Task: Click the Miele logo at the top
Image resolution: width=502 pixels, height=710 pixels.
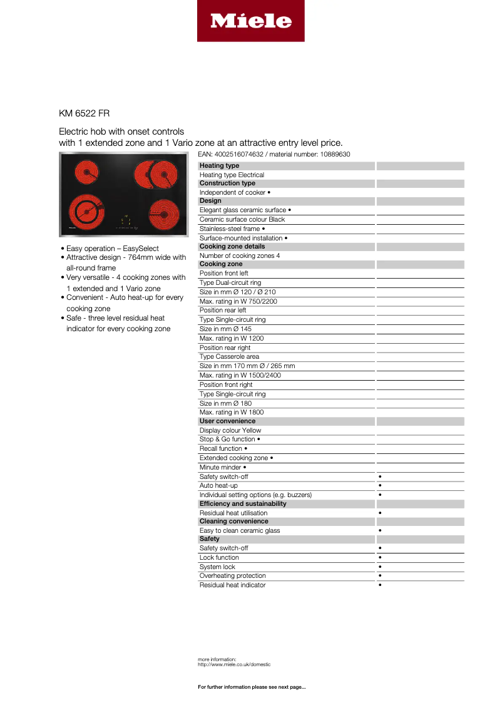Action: point(250,21)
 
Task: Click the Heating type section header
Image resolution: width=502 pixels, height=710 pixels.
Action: point(220,166)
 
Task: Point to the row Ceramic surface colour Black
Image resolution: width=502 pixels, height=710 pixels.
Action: point(242,220)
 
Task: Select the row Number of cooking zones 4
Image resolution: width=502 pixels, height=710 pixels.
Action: point(240,255)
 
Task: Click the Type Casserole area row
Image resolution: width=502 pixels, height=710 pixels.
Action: point(229,357)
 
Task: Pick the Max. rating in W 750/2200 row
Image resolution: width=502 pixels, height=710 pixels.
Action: point(238,301)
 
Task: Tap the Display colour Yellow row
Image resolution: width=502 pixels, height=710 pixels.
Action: point(230,430)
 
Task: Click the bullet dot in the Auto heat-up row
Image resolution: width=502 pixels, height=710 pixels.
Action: point(380,486)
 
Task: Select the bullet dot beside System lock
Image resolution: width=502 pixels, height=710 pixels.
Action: point(380,567)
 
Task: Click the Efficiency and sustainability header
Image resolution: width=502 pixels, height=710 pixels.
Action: point(243,504)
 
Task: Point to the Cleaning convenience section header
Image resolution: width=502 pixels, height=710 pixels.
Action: point(233,522)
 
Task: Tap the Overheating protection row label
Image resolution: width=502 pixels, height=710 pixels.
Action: point(233,576)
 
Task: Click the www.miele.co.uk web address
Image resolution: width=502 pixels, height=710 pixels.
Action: point(235,664)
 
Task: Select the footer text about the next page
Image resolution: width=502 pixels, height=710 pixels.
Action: point(252,687)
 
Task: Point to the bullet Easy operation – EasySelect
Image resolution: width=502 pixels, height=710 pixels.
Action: point(113,249)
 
